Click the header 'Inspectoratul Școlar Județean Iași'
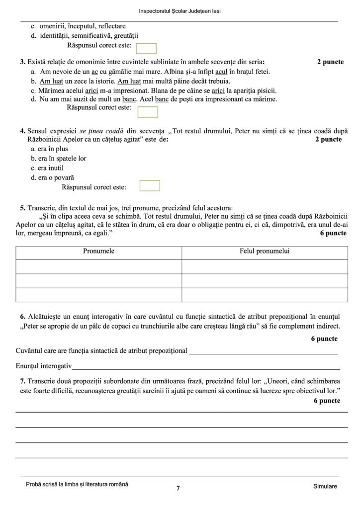pyautogui.click(x=180, y=11)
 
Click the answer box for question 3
pyautogui.click(x=147, y=112)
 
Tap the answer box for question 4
pyautogui.click(x=150, y=185)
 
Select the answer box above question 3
pyautogui.click(x=146, y=48)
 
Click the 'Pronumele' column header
pyautogui.click(x=98, y=252)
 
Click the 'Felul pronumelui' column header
pyautogui.click(x=265, y=252)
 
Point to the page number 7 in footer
pyautogui.click(x=178, y=488)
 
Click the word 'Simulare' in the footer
pyautogui.click(x=326, y=486)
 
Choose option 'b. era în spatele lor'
pyautogui.click(x=58, y=158)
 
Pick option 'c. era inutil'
pyautogui.click(x=47, y=168)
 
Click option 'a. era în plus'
pyautogui.click(x=49, y=149)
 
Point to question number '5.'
pyautogui.click(x=23, y=208)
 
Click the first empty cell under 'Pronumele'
pyautogui.click(x=98, y=266)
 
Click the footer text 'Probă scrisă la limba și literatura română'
pyautogui.click(x=77, y=484)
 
